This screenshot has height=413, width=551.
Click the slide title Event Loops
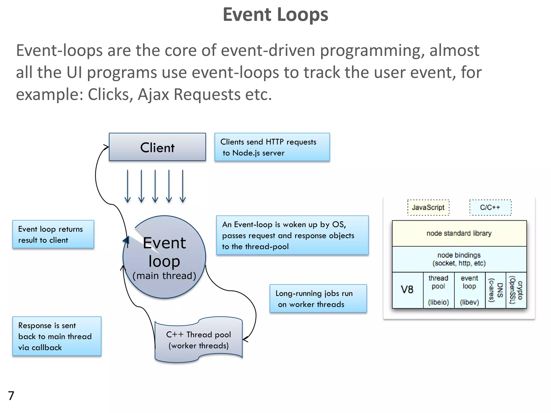click(x=275, y=15)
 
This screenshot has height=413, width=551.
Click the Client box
click(x=157, y=147)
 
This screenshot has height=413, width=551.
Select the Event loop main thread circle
click(x=164, y=257)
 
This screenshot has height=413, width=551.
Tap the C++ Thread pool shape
click(x=199, y=340)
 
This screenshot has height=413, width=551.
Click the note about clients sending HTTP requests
click(x=272, y=147)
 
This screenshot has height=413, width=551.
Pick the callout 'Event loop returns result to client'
click(x=53, y=234)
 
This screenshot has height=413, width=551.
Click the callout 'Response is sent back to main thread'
click(x=57, y=336)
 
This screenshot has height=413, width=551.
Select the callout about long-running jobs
click(x=318, y=298)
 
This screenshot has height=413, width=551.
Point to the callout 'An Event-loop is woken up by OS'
click(x=292, y=235)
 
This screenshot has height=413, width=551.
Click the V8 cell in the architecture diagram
click(x=407, y=290)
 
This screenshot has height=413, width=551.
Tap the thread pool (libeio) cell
click(x=439, y=290)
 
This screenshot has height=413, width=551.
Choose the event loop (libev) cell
click(x=469, y=290)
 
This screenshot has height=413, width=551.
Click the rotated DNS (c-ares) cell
click(x=496, y=290)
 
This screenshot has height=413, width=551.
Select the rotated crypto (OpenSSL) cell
click(x=516, y=290)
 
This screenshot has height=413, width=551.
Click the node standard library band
click(x=459, y=233)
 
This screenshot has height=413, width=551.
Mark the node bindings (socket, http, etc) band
click(x=459, y=259)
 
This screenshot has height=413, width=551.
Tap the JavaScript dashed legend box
click(x=428, y=207)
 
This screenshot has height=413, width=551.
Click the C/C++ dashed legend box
click(x=490, y=207)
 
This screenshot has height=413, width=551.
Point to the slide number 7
click(x=11, y=396)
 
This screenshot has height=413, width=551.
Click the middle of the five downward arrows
click(x=155, y=186)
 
